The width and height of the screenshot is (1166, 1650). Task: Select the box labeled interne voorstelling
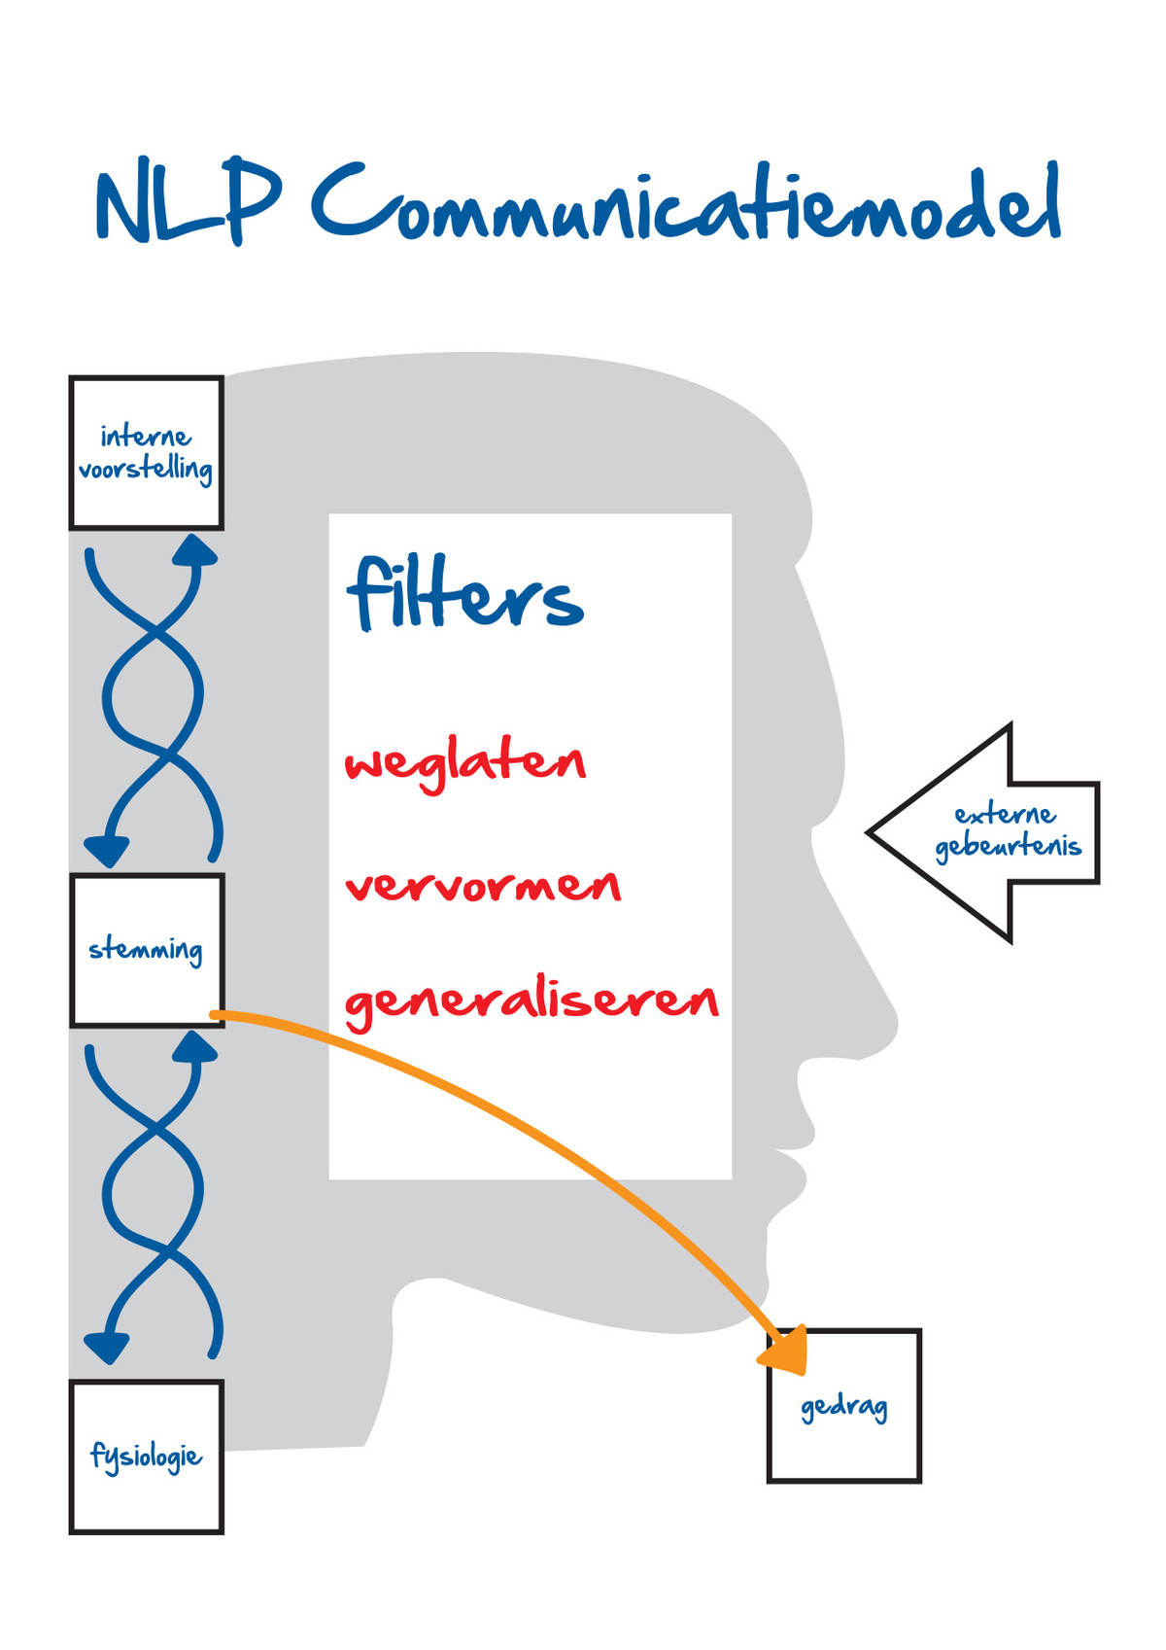coord(147,453)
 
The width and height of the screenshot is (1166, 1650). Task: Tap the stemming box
coord(147,950)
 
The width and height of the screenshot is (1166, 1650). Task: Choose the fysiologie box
coord(147,1457)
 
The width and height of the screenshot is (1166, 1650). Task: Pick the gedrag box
coord(844,1406)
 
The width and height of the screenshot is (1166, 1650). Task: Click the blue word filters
coord(465,594)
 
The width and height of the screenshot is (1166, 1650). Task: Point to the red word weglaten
coord(465,764)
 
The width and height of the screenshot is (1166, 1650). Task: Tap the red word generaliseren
coord(532,1001)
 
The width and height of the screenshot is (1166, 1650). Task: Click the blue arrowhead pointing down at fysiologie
coord(107,1347)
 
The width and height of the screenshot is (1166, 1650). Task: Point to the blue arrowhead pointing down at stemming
coord(107,850)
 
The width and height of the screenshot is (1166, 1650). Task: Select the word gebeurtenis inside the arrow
coord(1009,847)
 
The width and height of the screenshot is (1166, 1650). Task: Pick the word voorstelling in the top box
coord(146,471)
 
